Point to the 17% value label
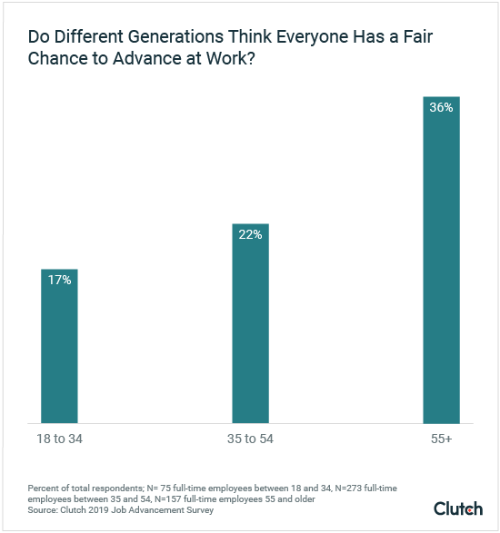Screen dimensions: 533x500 pyautogui.click(x=59, y=281)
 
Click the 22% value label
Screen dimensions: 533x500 pyautogui.click(x=250, y=235)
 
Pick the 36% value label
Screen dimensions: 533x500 pyautogui.click(x=442, y=108)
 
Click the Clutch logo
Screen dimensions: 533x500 pyautogui.click(x=458, y=508)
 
